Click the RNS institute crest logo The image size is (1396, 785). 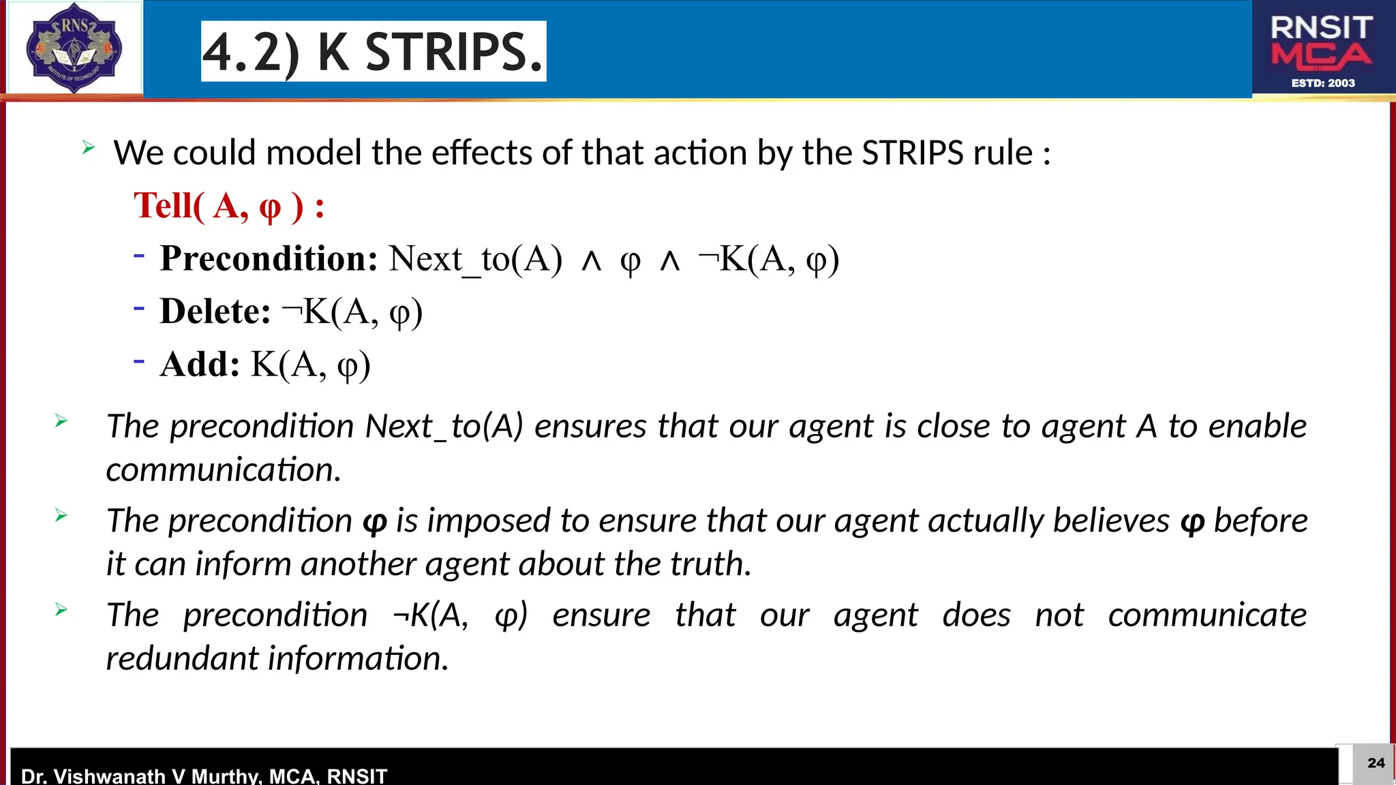[74, 48]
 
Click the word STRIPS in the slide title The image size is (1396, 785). [454, 52]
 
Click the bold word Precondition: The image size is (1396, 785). [269, 259]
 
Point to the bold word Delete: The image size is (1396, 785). [215, 311]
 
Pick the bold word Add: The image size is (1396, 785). [200, 364]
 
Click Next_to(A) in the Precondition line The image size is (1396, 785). [476, 259]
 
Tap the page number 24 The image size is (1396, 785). [1376, 763]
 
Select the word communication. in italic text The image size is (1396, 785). [224, 470]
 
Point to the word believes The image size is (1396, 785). [1111, 521]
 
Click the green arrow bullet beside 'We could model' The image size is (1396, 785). [89, 147]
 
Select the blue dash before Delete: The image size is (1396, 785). [139, 308]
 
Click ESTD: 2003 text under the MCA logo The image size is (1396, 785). [1323, 83]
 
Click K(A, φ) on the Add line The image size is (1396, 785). [311, 365]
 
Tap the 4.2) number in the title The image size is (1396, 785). [251, 52]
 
